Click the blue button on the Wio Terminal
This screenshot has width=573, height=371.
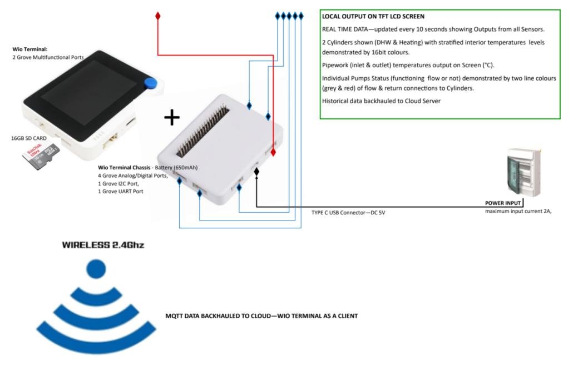149,83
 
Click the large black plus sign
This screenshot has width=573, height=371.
172,117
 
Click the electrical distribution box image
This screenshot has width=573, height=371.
523,172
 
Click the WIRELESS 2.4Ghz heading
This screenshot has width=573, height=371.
103,244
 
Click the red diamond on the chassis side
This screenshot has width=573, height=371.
273,152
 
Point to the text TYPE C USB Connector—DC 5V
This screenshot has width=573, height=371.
348,213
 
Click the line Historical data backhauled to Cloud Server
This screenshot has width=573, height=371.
381,101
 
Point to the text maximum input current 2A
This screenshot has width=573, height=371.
518,212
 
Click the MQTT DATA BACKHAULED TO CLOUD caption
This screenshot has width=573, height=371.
261,315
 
